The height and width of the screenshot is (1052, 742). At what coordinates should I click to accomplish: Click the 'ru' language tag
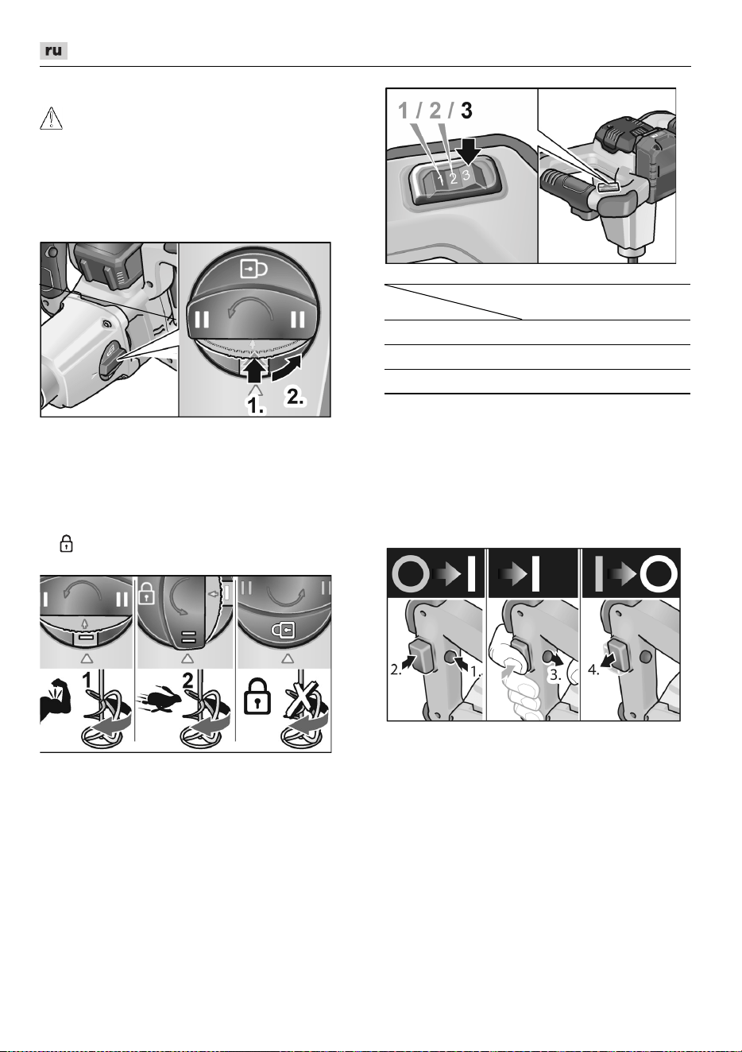[x=53, y=51]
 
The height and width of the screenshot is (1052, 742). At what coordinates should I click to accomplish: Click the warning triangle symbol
[x=51, y=118]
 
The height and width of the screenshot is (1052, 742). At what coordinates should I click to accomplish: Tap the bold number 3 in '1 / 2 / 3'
[x=466, y=111]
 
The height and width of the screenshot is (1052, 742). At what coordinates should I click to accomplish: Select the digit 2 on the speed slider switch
[x=454, y=178]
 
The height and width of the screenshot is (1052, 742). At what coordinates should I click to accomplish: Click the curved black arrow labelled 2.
[x=286, y=367]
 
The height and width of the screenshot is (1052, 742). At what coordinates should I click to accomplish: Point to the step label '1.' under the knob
[x=256, y=406]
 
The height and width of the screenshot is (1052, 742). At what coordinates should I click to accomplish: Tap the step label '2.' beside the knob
[x=296, y=398]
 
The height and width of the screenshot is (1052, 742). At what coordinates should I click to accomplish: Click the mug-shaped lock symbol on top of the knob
[x=253, y=269]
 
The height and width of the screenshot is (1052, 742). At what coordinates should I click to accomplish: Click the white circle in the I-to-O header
[x=661, y=574]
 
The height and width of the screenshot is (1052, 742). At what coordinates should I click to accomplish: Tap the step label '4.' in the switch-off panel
[x=593, y=670]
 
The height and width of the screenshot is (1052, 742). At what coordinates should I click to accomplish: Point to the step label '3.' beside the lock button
[x=555, y=675]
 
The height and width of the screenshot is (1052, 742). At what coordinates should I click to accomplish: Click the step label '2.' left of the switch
[x=396, y=670]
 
